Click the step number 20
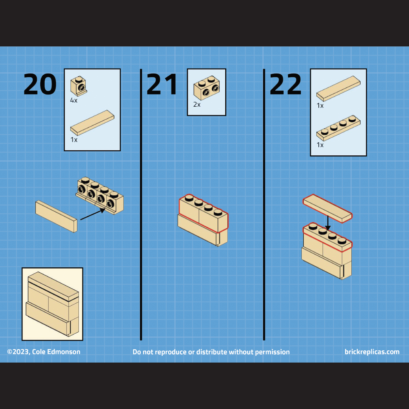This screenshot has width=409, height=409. pos(40,84)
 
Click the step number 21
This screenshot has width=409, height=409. pos(162,84)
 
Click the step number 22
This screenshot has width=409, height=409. pos(286,84)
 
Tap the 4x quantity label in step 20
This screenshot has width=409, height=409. pos(74,100)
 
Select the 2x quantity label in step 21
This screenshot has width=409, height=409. pos(197,104)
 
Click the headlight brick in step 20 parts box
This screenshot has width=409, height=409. pos(78,86)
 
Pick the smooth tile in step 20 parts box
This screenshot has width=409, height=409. pos(92,123)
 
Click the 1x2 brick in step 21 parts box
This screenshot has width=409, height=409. pos(207,88)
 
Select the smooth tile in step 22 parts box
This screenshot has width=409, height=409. pos(338,88)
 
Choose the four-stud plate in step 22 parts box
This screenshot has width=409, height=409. pos(338,128)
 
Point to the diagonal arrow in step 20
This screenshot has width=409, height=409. pos(93,214)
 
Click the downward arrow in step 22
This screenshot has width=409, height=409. pos(328,223)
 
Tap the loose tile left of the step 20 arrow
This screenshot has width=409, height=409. pos(56,216)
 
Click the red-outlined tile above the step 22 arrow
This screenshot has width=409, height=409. pos(327,208)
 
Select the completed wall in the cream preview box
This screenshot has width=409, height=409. pos(52,304)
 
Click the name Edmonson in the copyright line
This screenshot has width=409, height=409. pos(64,352)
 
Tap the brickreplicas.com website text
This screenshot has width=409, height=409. pos(372,352)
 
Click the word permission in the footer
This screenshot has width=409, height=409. pos(272,352)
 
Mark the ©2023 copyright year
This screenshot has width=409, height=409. pos(19,352)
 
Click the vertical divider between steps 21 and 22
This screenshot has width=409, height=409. pos(264,204)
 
